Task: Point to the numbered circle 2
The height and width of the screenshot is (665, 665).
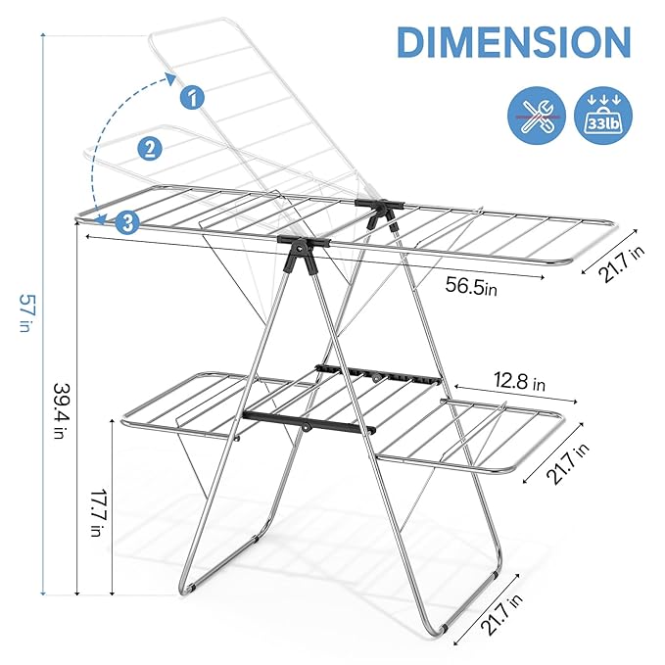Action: point(150,149)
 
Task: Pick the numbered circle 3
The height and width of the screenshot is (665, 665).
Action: point(126,221)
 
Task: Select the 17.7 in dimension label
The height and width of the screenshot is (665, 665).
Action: point(95,508)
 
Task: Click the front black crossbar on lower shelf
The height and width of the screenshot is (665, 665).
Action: point(311,423)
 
